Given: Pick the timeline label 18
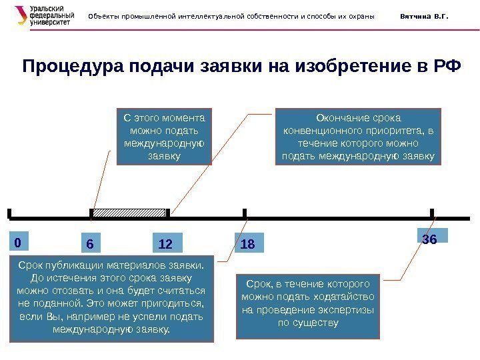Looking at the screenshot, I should click(x=248, y=244).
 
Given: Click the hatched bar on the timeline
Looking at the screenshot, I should click(x=129, y=213).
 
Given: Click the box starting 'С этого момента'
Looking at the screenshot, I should click(x=164, y=136).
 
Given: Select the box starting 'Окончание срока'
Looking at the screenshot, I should click(x=358, y=136).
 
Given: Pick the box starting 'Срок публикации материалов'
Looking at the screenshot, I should click(x=112, y=298).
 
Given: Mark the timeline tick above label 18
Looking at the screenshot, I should click(x=246, y=213).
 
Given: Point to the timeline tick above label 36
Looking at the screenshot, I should click(x=432, y=213).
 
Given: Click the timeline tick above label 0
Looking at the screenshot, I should click(x=11, y=213).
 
